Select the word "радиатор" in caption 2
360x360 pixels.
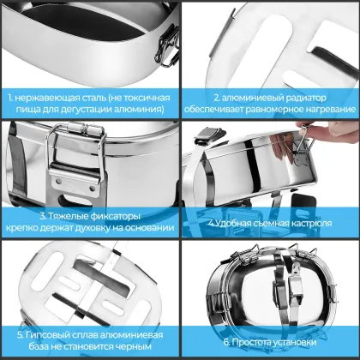[284, 98]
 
